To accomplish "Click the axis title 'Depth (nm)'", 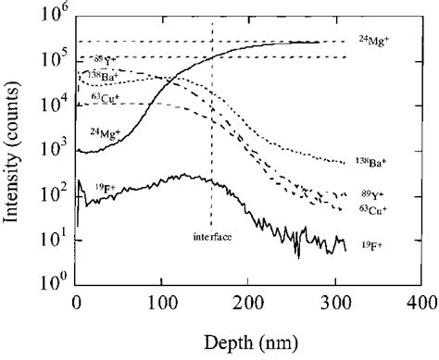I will click(247, 342).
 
